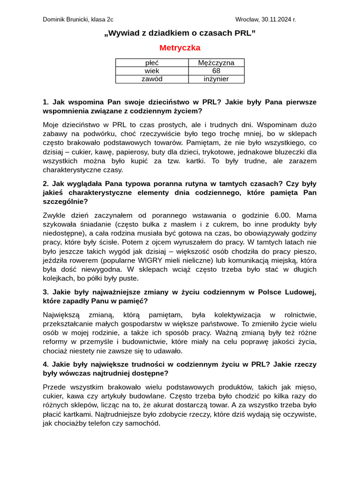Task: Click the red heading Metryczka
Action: point(180,48)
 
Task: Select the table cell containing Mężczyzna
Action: point(216,63)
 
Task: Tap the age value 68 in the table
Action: point(216,71)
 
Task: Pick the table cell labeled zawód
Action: point(152,79)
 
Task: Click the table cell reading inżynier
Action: point(216,79)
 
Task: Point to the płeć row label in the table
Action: point(152,63)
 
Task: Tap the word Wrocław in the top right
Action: point(247,19)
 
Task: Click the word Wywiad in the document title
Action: point(123,33)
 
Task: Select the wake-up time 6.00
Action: point(282,215)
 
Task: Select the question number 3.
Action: point(45,292)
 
